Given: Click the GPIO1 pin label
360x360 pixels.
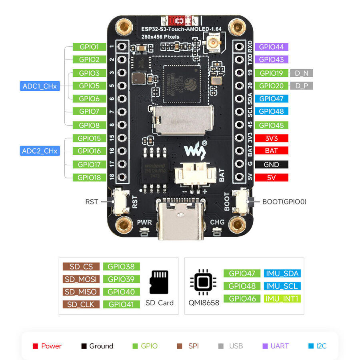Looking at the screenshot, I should click(x=89, y=47).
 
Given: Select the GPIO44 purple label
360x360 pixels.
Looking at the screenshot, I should click(x=271, y=47).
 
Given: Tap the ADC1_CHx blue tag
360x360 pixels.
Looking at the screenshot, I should click(x=40, y=86).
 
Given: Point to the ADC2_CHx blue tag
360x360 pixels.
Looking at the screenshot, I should click(x=40, y=151).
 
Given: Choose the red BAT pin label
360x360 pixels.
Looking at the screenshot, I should click(x=271, y=151).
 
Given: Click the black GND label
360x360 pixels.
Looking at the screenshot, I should click(x=271, y=164).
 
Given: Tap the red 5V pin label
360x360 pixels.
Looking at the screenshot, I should click(x=271, y=178).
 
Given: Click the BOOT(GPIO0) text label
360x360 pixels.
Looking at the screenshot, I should click(x=284, y=202).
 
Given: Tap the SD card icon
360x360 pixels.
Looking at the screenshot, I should click(x=160, y=282).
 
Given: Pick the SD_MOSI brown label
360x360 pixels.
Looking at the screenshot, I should click(x=81, y=279).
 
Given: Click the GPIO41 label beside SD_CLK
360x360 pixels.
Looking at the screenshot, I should click(x=121, y=304).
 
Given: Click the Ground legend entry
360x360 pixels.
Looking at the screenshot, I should click(x=97, y=346).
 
